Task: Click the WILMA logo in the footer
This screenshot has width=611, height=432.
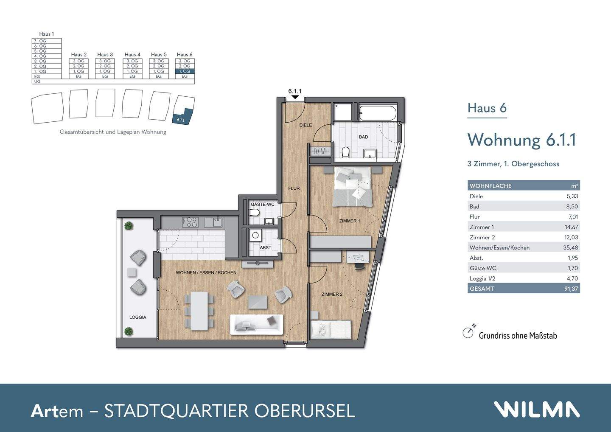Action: tap(536, 410)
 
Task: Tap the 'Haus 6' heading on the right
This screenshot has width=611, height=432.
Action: tap(487, 108)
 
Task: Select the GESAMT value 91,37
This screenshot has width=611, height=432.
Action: tap(571, 289)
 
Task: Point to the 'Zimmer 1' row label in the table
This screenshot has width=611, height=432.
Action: tap(482, 227)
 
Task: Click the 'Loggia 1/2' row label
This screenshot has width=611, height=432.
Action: tap(482, 278)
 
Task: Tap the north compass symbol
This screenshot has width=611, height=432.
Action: tap(468, 332)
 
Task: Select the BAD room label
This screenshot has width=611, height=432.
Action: tap(363, 137)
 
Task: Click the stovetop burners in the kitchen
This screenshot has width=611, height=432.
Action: tap(190, 222)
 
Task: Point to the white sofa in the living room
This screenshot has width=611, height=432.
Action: tap(256, 325)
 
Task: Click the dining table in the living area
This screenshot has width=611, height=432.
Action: tap(199, 311)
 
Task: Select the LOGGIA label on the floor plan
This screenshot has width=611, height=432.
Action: tap(137, 317)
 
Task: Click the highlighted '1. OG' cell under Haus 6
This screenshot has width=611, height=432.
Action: tap(185, 71)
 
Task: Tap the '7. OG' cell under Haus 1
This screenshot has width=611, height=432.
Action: tap(47, 41)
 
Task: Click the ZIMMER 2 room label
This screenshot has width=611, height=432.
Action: tap(332, 294)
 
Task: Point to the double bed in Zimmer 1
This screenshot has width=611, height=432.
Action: tap(353, 187)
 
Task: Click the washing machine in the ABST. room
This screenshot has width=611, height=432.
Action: tap(255, 235)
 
